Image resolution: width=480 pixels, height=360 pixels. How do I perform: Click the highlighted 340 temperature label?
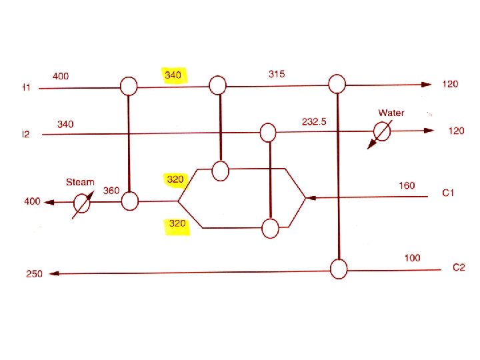point(173,75)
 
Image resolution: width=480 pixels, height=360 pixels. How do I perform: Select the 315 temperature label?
point(277,73)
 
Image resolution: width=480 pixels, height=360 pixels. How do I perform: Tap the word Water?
point(391,113)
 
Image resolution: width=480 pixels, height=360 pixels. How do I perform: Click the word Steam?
point(80,182)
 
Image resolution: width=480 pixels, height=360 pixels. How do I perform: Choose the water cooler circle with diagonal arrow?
point(381,131)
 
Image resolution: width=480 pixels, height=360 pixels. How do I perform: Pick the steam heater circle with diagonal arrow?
point(81,201)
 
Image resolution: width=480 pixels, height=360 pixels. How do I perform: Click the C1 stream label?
point(449,193)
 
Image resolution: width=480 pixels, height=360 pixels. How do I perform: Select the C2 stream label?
point(459,267)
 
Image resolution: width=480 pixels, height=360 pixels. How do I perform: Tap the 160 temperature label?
point(407,185)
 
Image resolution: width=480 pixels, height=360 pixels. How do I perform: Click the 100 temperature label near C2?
point(412,257)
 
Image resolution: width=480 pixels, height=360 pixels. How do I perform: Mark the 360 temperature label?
point(111,191)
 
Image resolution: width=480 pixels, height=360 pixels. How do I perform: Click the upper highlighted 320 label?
point(175,179)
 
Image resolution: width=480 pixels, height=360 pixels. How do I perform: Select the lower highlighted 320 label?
point(177,224)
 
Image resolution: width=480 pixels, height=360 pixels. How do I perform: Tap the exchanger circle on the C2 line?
point(339,269)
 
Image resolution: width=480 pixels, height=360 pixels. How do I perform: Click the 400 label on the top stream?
point(60,76)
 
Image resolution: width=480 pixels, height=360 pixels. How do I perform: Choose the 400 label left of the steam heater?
point(32,201)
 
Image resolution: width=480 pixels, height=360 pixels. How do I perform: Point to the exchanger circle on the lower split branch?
point(270,228)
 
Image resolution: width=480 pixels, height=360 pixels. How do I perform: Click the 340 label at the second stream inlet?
point(65,124)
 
